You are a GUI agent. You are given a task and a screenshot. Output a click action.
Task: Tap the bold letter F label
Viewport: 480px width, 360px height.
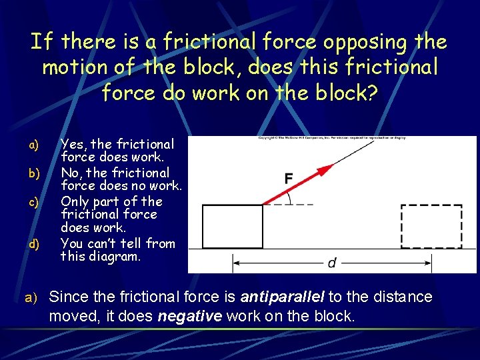tap(289, 179)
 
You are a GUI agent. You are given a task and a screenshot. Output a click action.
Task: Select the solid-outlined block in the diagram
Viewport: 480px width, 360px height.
tap(232, 227)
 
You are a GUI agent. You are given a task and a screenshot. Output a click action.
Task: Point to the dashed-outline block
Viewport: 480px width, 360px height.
tap(431, 227)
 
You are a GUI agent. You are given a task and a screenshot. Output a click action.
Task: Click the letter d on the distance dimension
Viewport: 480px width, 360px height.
tap(332, 263)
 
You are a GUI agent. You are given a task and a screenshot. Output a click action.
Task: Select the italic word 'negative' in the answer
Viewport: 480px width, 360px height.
tap(190, 316)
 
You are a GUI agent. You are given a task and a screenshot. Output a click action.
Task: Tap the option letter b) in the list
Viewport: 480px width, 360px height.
tap(34, 173)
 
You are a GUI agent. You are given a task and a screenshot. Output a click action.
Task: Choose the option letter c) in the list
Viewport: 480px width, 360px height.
tap(34, 201)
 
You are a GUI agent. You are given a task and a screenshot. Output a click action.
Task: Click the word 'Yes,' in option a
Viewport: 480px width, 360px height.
tap(73, 144)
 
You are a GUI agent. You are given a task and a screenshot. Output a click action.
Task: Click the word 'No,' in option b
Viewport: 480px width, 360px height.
tap(72, 173)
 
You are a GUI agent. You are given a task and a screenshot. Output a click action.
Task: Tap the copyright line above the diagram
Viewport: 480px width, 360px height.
tap(332, 138)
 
